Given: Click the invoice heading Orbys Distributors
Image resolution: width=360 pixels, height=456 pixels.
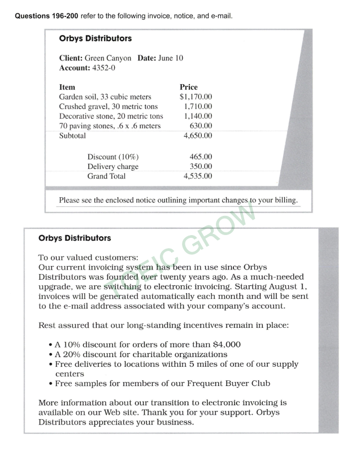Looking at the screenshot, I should [95, 39].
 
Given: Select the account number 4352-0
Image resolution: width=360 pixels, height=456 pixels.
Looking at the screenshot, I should [104, 68].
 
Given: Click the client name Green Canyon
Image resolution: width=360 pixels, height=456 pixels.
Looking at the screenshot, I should [108, 58].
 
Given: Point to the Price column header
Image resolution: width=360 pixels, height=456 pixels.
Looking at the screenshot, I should [188, 88].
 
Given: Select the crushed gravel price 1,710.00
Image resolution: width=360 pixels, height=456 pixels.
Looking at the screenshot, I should [198, 107].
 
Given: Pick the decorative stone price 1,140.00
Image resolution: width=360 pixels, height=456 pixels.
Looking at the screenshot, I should [198, 116].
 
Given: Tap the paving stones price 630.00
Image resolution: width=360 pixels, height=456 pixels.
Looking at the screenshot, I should [201, 126].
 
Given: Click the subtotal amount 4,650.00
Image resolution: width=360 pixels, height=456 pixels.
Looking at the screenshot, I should [198, 136].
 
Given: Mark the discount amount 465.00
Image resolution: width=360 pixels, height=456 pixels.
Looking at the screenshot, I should [201, 157].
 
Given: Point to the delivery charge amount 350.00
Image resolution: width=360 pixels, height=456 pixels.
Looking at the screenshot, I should [201, 167].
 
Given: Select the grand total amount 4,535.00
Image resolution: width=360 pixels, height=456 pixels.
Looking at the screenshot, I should [198, 176].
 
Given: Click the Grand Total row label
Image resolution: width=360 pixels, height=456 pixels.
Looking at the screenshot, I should [107, 176].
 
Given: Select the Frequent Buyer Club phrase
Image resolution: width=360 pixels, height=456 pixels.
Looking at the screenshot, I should [224, 384].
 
